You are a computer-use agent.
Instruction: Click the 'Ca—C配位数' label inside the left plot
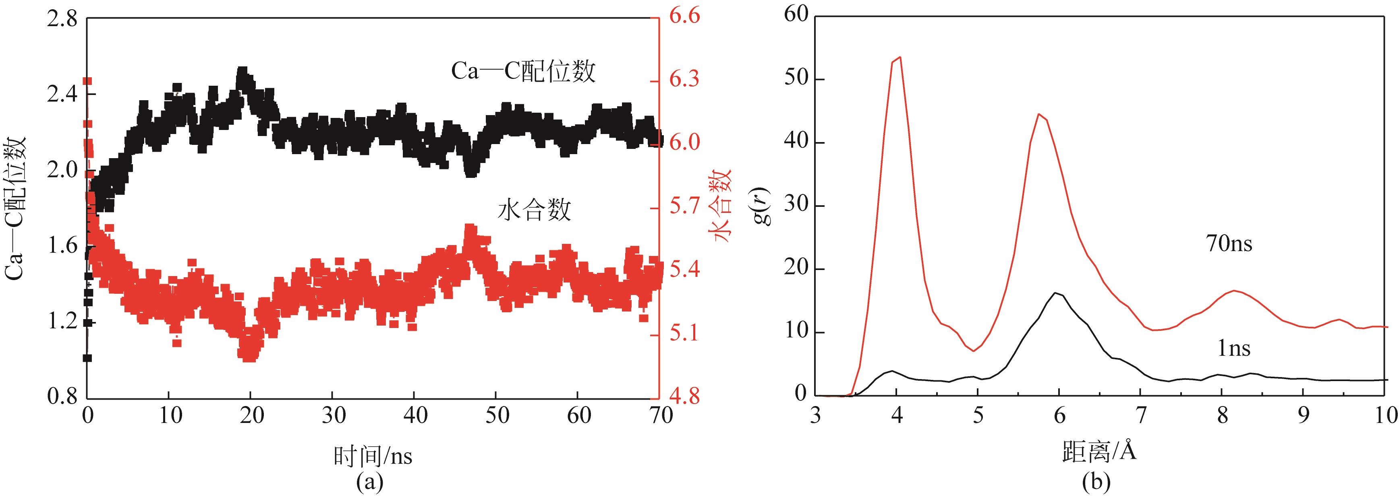coord(523,72)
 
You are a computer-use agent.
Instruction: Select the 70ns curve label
coord(1229,244)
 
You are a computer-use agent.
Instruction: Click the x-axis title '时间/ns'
coord(373,456)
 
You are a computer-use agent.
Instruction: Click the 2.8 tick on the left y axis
coord(62,20)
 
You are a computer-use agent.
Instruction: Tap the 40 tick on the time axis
coord(415,416)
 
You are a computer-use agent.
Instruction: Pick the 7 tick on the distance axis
coord(1140,416)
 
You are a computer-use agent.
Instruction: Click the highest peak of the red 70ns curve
coord(900,57)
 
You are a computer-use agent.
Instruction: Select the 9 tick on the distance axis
coord(1303,416)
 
